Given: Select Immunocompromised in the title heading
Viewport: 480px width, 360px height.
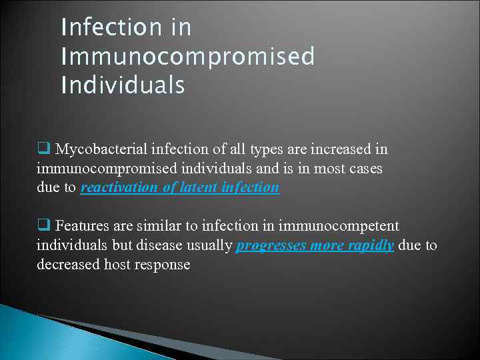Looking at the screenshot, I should [187, 57].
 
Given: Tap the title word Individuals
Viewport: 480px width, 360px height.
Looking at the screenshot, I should [123, 86].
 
